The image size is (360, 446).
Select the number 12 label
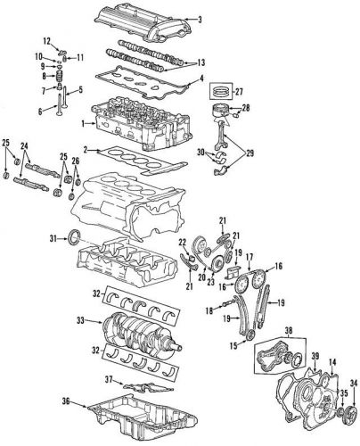49,41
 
